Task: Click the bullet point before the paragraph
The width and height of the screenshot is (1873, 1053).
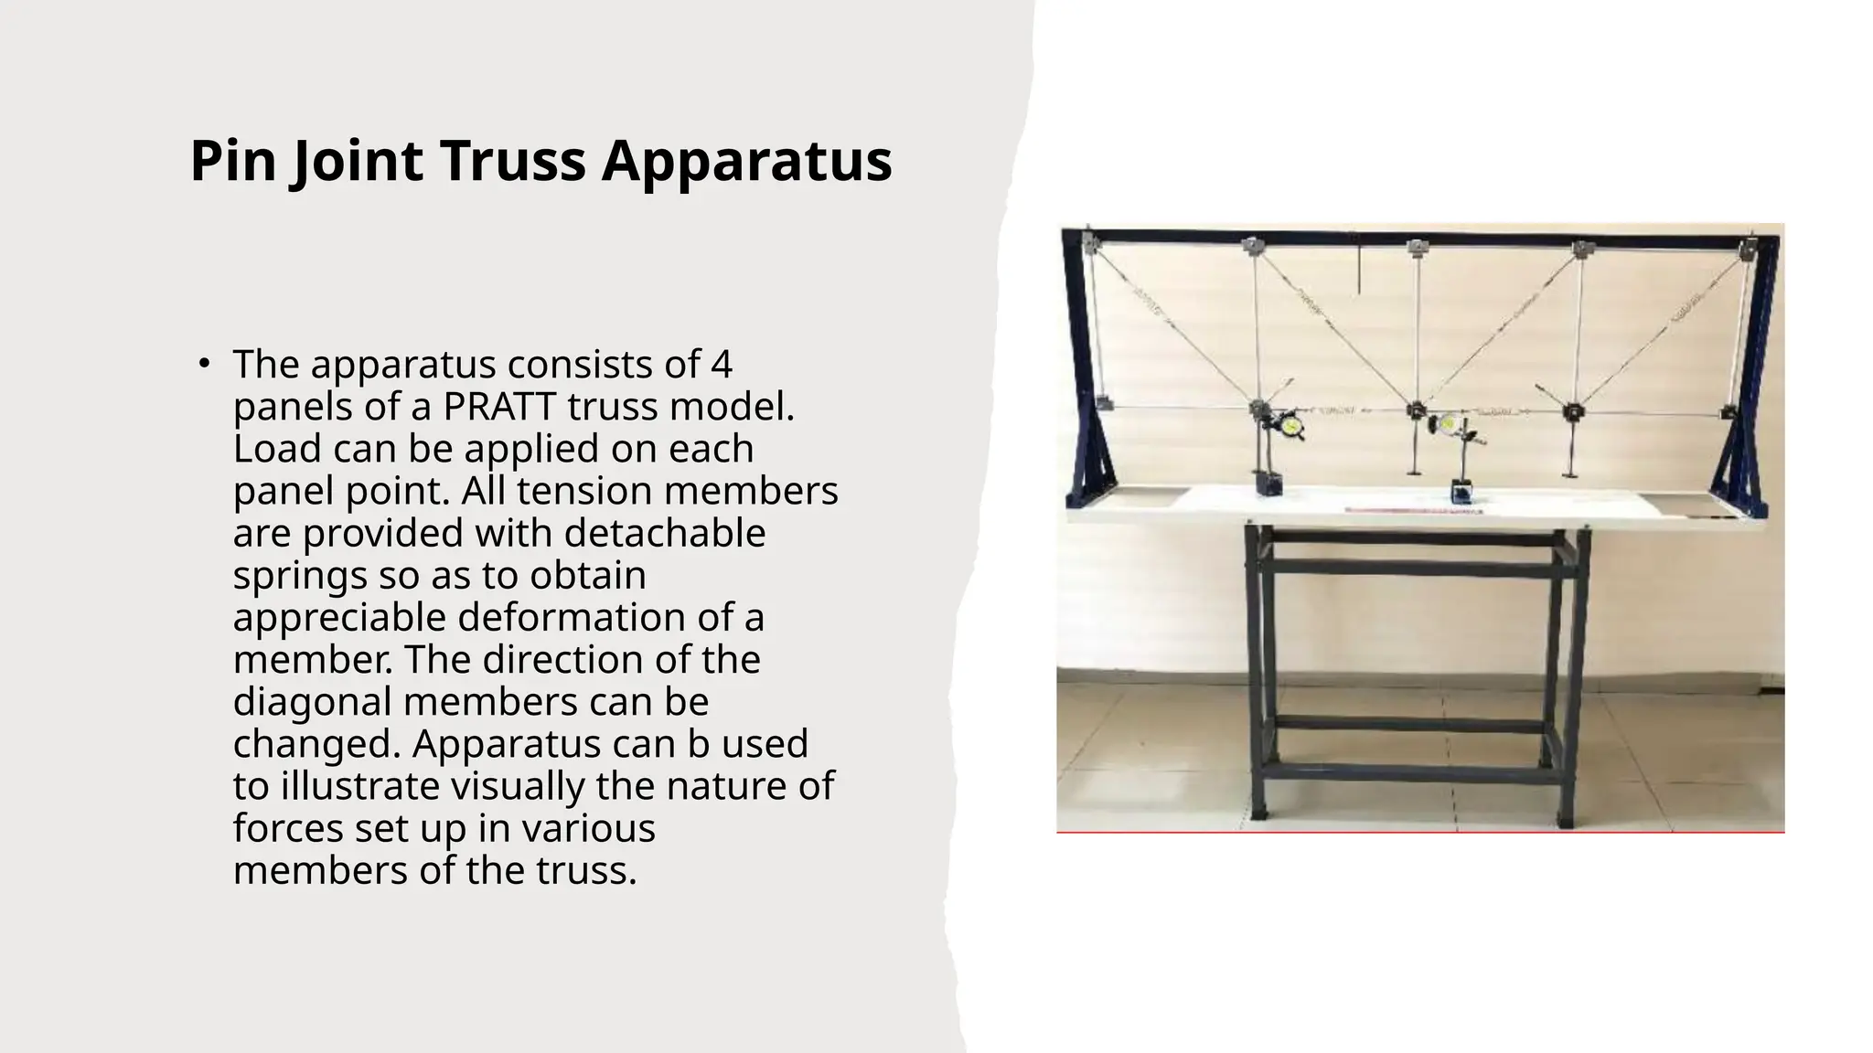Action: pyautogui.click(x=204, y=364)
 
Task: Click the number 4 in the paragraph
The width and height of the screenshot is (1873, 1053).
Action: pyautogui.click(x=721, y=364)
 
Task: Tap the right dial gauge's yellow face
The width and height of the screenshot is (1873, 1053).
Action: pyautogui.click(x=1449, y=423)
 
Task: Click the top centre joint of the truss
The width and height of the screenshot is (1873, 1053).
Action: pyautogui.click(x=1418, y=247)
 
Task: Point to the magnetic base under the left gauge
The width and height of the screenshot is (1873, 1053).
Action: pyautogui.click(x=1267, y=483)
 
